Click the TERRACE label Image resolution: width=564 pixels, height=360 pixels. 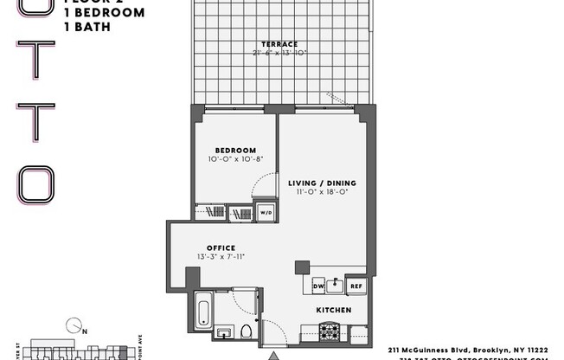pos(279,44)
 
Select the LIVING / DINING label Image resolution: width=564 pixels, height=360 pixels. pos(322,183)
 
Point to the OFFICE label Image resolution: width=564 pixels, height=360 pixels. pos(221,247)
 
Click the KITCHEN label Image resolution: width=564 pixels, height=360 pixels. pos(333,309)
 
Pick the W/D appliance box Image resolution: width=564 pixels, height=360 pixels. pos(266,212)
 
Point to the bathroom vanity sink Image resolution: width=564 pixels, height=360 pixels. pos(224,333)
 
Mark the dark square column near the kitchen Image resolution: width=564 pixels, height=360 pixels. pos(301,267)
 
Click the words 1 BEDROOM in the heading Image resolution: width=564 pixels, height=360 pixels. pos(104,13)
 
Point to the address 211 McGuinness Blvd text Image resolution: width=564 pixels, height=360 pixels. pos(467,350)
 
